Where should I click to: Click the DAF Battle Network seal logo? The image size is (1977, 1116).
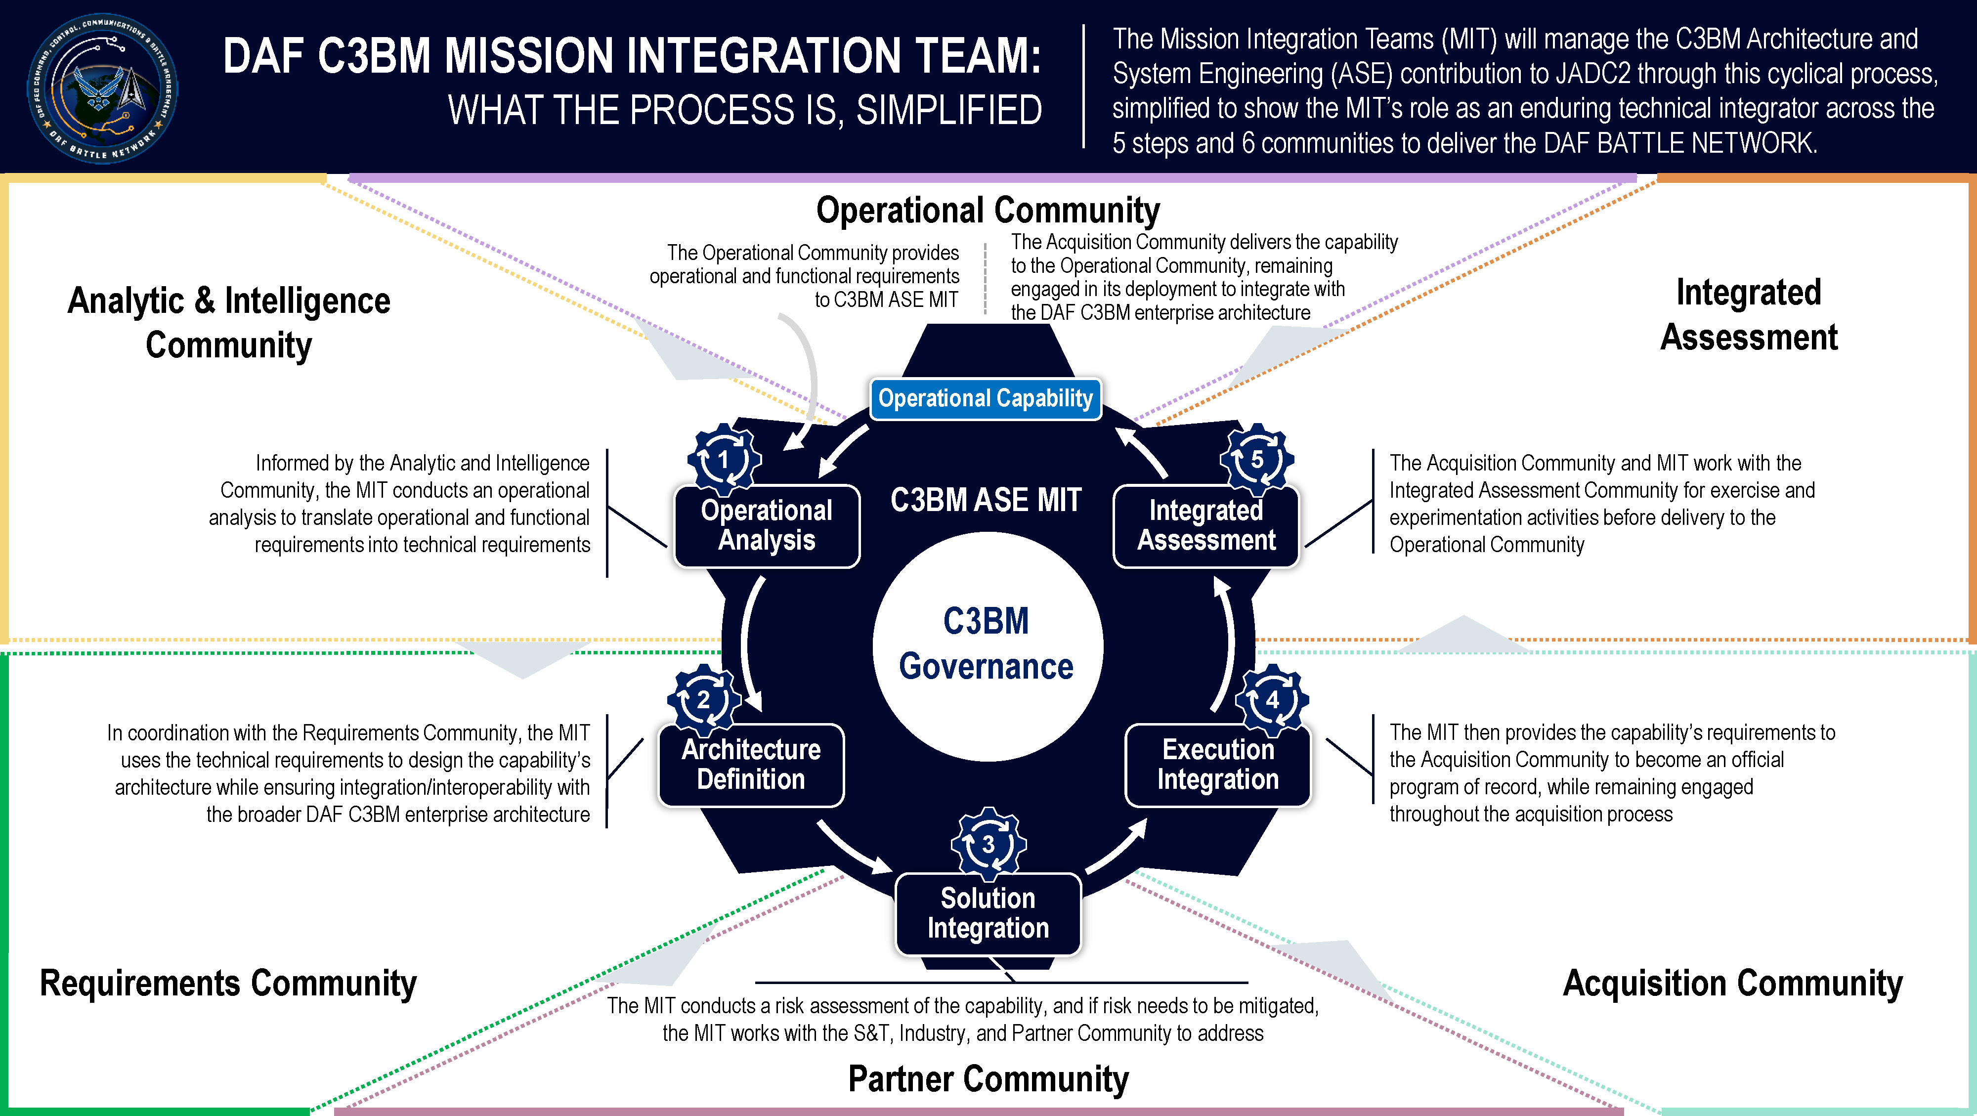tap(102, 88)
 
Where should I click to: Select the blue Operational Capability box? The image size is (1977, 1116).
tap(986, 398)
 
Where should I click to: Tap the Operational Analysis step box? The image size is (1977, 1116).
tap(767, 526)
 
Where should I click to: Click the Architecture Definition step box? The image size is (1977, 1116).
tap(751, 765)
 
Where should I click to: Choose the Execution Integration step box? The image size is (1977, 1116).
tap(1218, 765)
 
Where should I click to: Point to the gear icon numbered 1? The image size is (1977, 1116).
tap(724, 460)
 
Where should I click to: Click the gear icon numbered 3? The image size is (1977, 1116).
tap(988, 844)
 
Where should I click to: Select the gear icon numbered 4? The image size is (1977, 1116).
tap(1272, 700)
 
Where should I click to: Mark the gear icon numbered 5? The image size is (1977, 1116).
tap(1257, 460)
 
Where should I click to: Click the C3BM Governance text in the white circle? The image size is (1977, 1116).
tap(986, 643)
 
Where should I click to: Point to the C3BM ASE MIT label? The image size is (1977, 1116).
tap(986, 500)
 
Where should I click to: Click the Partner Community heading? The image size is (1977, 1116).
tap(988, 1078)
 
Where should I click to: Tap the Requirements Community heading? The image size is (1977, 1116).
tap(228, 983)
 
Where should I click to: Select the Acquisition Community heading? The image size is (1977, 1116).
tap(1733, 983)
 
